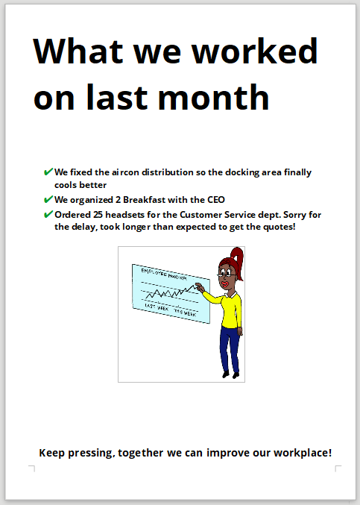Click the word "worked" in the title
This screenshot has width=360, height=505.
pos(255,51)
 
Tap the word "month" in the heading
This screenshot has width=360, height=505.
pos(213,97)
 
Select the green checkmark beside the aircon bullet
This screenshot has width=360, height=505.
pos(48,172)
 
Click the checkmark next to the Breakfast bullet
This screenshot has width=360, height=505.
pos(48,199)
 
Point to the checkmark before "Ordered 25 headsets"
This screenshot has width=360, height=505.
pos(48,214)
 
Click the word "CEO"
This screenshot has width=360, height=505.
pos(216,200)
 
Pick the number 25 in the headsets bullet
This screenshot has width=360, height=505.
pos(98,215)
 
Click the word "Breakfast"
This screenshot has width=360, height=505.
pos(144,200)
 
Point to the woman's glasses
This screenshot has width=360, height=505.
pos(227,275)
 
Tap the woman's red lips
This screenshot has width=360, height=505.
pos(225,284)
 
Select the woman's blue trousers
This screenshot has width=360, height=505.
pos(230,348)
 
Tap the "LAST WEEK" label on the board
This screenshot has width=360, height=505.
pos(157,307)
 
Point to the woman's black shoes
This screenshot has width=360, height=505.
pos(230,375)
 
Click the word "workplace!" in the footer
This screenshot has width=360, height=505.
pos(303,453)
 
